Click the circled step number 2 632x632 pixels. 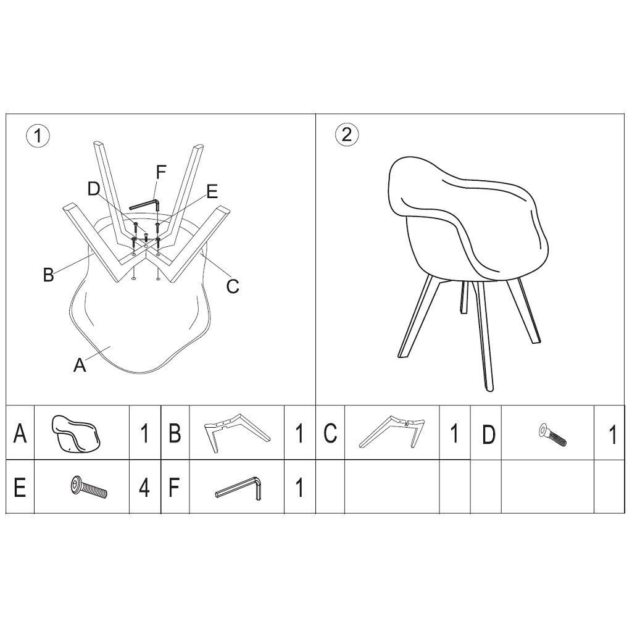[x=347, y=135]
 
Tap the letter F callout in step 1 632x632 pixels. [x=160, y=172]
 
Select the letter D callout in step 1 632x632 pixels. [x=94, y=189]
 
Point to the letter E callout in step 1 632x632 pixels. [x=212, y=192]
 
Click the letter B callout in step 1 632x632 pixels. [x=48, y=275]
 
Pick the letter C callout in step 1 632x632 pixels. [x=232, y=286]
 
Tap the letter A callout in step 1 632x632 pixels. [x=80, y=365]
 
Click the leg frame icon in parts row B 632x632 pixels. [x=236, y=432]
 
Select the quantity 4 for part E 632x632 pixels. [x=144, y=488]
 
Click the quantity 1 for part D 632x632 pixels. [x=612, y=434]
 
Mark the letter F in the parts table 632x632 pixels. [x=175, y=488]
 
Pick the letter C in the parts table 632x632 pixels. [x=330, y=434]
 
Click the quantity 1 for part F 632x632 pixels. [x=299, y=488]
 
